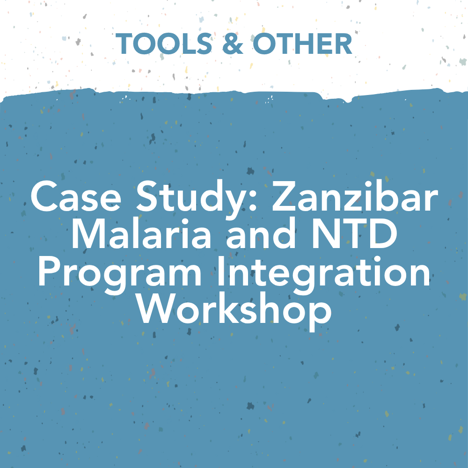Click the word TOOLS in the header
[x=164, y=44]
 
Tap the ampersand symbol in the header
[x=233, y=44]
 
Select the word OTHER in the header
[x=302, y=44]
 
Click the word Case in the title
[x=76, y=197]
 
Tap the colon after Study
[x=253, y=200]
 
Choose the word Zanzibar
[x=355, y=196]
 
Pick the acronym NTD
[x=355, y=233]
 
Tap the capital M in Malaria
[x=88, y=234]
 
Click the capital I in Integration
[x=221, y=271]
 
